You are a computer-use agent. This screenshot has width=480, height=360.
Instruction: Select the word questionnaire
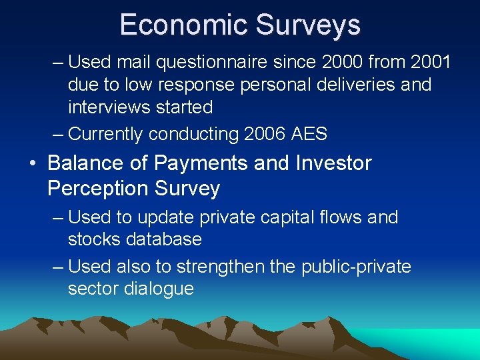pyautogui.click(x=198, y=63)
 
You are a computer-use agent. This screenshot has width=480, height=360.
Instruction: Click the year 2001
pyautogui.click(x=427, y=63)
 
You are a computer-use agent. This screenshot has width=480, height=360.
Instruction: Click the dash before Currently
pyautogui.click(x=59, y=134)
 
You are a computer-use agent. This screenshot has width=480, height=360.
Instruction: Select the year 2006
pyautogui.click(x=265, y=134)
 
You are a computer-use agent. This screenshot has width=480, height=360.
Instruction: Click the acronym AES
pyautogui.click(x=309, y=134)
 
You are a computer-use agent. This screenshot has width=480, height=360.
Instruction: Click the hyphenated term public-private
pyautogui.click(x=356, y=267)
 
